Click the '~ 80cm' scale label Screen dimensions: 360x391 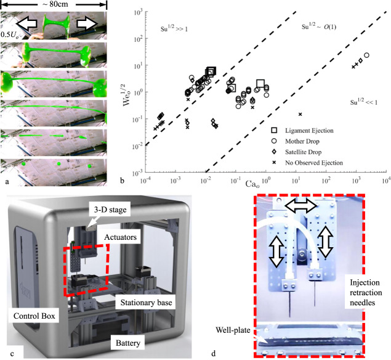(x=55, y=4)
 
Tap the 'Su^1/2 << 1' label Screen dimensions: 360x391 (x=363, y=100)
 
